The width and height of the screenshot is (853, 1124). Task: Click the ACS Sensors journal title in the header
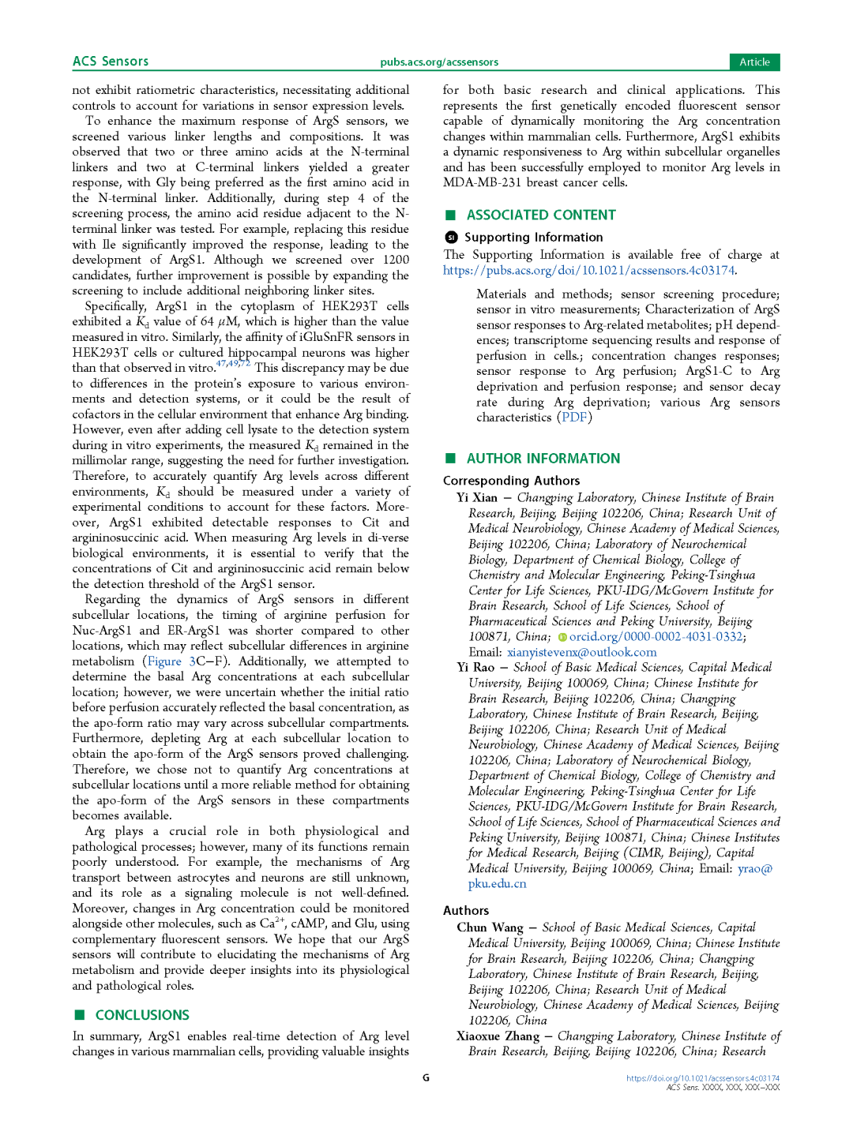[111, 62]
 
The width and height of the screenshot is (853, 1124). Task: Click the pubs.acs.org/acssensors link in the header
[439, 62]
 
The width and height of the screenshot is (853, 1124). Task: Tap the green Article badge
[754, 62]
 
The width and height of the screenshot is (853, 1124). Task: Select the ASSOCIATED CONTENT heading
[540, 215]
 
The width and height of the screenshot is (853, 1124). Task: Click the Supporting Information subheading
[533, 237]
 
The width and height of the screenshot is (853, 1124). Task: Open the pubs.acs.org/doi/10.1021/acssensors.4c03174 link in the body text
[588, 270]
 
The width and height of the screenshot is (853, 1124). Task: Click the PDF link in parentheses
[574, 417]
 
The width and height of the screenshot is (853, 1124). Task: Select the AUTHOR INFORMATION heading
[543, 459]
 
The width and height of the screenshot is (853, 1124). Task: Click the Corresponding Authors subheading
[511, 481]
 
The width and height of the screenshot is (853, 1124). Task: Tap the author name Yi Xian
[477, 498]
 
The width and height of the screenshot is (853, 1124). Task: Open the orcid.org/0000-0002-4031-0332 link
[656, 636]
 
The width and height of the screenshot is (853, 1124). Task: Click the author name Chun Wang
[490, 927]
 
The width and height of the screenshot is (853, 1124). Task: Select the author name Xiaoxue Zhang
[498, 1036]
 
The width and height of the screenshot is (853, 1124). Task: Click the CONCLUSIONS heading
[142, 1015]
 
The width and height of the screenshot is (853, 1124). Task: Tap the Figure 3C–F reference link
[186, 661]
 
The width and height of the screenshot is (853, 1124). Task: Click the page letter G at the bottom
[426, 1077]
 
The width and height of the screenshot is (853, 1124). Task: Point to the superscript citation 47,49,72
[233, 364]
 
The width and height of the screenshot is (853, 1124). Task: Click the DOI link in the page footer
[702, 1077]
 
